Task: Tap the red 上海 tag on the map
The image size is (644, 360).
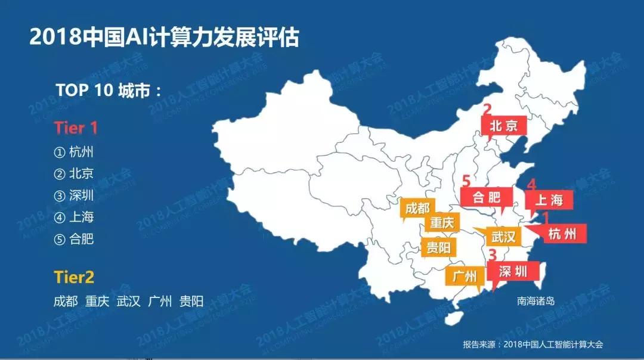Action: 549,200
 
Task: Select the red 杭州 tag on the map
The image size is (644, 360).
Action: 562,234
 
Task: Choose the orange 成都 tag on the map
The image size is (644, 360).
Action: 417,209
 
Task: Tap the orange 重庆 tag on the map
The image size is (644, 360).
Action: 442,224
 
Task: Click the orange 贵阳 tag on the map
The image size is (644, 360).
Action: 438,247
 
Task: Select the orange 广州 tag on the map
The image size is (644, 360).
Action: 465,277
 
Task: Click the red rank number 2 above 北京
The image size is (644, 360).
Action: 487,109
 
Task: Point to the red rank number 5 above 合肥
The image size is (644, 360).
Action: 466,180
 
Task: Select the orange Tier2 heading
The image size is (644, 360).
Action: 74,277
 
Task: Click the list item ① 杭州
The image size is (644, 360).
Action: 74,152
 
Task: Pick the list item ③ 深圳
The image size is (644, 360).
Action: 74,195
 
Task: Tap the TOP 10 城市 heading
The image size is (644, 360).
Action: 108,90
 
